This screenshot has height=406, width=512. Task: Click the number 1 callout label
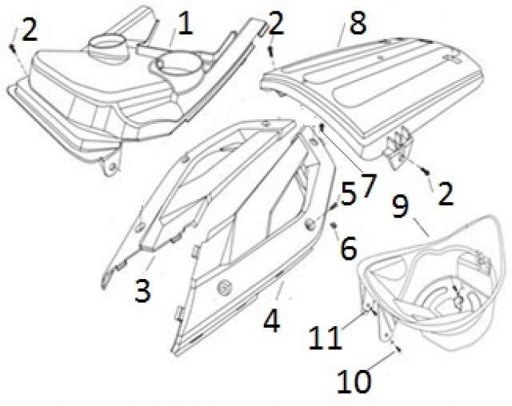click(185, 23)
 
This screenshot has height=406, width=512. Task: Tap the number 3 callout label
click(143, 291)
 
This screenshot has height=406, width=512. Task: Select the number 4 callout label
click(272, 320)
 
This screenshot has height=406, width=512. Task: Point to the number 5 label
click(348, 195)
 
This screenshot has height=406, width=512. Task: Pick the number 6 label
click(349, 249)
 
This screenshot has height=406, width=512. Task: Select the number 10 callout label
click(354, 381)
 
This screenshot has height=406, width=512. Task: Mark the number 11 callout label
click(326, 337)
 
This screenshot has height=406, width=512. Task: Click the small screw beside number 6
click(334, 225)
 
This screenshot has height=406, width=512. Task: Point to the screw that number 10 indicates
click(398, 348)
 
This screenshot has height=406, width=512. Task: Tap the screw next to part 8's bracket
click(425, 170)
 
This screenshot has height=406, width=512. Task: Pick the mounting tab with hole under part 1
click(110, 165)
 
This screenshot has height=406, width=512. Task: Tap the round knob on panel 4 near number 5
click(310, 224)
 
